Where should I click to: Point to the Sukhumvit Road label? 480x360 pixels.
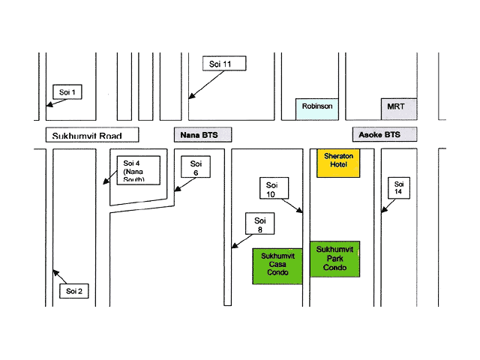coord(92,136)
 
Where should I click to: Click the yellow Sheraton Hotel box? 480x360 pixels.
coord(338,163)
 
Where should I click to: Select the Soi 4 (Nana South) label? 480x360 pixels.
coord(137,170)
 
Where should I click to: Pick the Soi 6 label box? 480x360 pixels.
coord(196,167)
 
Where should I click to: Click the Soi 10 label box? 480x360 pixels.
coord(271,189)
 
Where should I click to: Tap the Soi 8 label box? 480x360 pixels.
coord(259,225)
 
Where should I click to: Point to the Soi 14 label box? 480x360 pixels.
coord(399,188)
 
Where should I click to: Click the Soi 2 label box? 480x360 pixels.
coord(74,290)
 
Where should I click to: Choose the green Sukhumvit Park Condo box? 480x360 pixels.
coord(335,259)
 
